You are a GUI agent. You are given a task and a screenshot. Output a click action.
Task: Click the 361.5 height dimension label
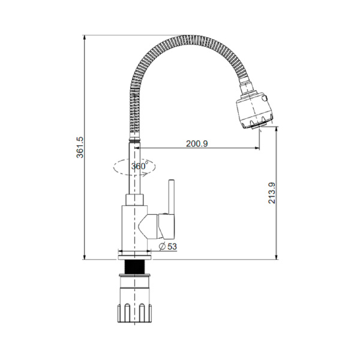pyautogui.click(x=80, y=147)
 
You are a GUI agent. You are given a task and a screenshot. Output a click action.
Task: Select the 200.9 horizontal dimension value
pyautogui.click(x=197, y=144)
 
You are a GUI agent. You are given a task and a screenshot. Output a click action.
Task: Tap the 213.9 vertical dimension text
pyautogui.click(x=272, y=193)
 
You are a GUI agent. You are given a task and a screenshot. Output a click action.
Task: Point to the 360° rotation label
pyautogui.click(x=139, y=166)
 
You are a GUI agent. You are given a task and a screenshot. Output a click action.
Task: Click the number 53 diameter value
pyautogui.click(x=172, y=247)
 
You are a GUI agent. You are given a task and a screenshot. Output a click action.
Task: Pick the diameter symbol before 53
pyautogui.click(x=163, y=247)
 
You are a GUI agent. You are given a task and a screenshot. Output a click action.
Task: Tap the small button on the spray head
pyautogui.click(x=266, y=98)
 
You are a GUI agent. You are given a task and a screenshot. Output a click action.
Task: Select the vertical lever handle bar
pyautogui.click(x=172, y=197)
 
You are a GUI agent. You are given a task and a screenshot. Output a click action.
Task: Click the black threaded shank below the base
pyautogui.click(x=134, y=267)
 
